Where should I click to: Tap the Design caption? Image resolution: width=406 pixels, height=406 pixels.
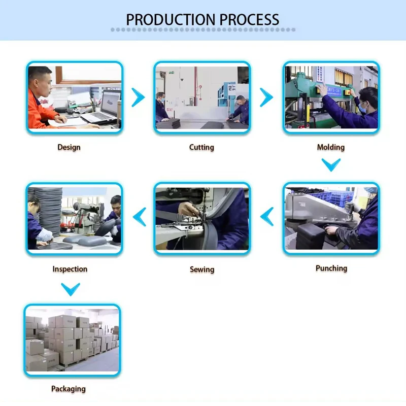69,147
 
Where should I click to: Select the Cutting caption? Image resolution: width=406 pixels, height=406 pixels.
201,147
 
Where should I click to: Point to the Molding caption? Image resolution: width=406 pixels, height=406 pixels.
330,147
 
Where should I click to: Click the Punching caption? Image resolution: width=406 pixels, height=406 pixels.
331,268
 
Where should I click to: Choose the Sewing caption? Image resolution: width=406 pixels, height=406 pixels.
202,269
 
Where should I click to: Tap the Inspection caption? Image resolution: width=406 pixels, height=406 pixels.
70,269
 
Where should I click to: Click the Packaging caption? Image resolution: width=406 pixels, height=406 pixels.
69,389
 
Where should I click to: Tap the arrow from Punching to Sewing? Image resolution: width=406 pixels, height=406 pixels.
267,217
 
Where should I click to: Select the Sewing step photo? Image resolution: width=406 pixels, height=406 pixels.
202,218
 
